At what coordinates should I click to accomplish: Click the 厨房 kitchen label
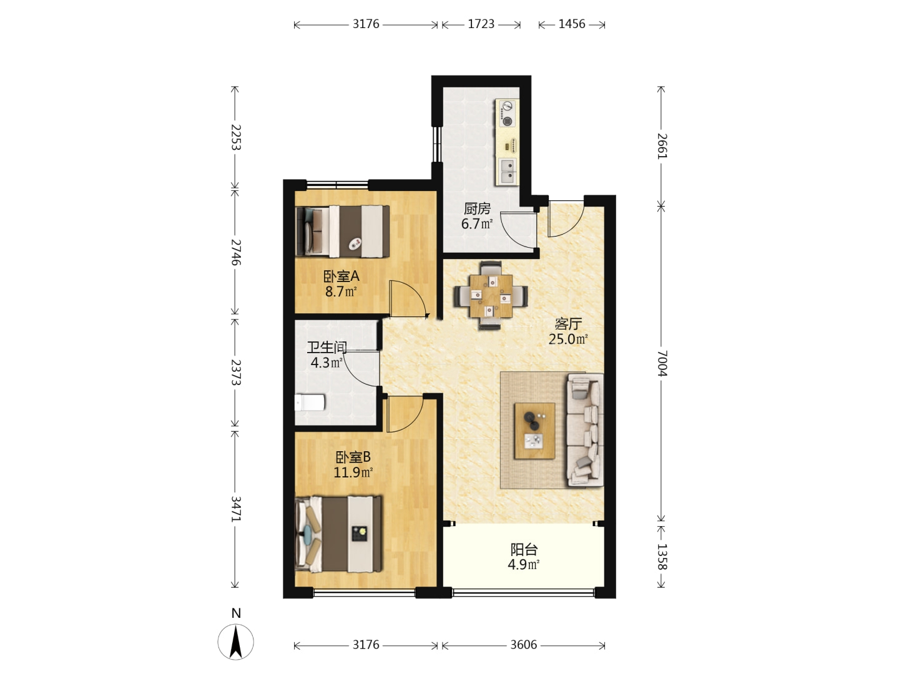tap(477, 208)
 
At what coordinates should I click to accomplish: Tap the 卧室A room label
tap(341, 276)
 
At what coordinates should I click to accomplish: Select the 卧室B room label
tap(353, 457)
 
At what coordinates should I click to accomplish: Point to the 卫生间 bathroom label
tap(327, 348)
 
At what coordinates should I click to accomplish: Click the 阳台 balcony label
tap(524, 549)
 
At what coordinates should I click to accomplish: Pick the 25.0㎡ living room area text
tap(568, 339)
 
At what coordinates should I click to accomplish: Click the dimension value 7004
tap(662, 363)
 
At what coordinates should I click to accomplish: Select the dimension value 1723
tap(481, 24)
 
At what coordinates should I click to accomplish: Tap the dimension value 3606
tap(523, 645)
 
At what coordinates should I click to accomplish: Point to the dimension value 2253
tap(236, 137)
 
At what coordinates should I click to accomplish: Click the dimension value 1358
tap(662, 557)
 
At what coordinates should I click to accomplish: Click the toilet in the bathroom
tap(310, 403)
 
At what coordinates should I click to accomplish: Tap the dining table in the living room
tap(491, 296)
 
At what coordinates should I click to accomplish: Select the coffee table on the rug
tap(534, 431)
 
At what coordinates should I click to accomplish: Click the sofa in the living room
tap(585, 430)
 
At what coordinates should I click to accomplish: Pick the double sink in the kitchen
tap(508, 172)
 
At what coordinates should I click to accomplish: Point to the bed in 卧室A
tap(342, 231)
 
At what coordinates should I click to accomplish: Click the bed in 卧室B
tap(338, 534)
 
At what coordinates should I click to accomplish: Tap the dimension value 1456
tap(572, 24)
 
